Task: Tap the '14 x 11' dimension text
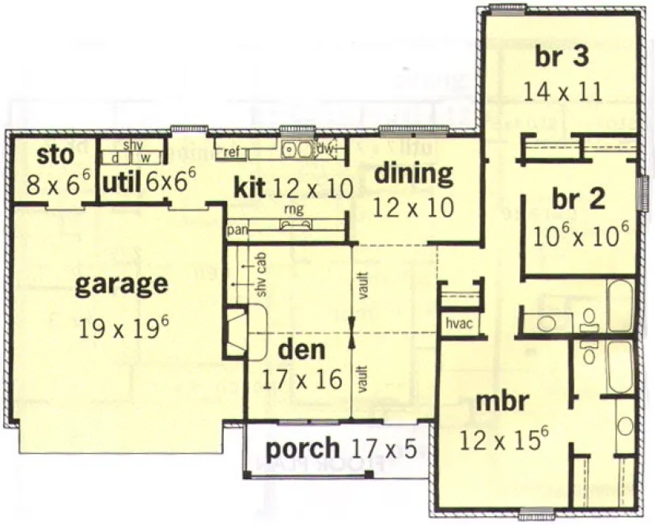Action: coord(562,91)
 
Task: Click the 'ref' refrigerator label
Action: coord(233,150)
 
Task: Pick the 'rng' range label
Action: coord(290,210)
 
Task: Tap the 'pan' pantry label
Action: coord(236,230)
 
